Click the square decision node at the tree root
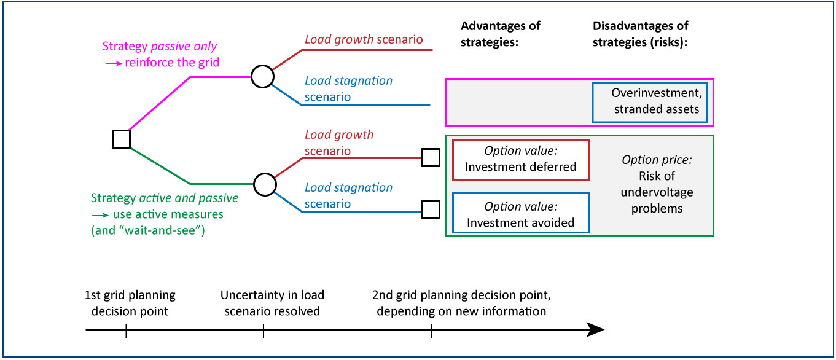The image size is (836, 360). pos(121,139)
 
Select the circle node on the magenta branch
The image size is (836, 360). pos(262,77)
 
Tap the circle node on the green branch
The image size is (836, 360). pos(265,183)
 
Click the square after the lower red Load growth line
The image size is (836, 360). pos(431,158)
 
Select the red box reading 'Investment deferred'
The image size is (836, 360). pos(520,160)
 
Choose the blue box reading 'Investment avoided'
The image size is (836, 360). pos(520,213)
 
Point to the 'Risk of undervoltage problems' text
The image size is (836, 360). pos(657,192)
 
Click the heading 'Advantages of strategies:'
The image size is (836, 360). pos(500,34)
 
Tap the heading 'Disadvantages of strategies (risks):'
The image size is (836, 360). pos(640,34)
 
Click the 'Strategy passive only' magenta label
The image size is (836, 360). pos(160,47)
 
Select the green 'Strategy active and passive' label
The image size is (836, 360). pos(164,198)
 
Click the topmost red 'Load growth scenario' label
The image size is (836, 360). pos(364,40)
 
